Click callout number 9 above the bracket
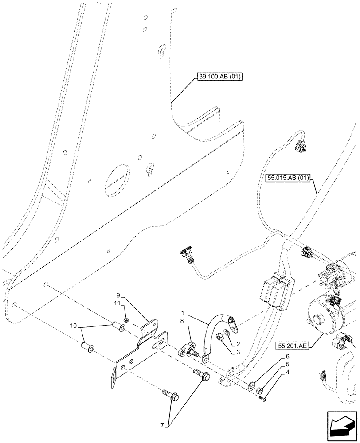pyautogui.click(x=118, y=295)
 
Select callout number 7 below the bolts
pyautogui.click(x=163, y=425)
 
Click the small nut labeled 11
pyautogui.click(x=126, y=320)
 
